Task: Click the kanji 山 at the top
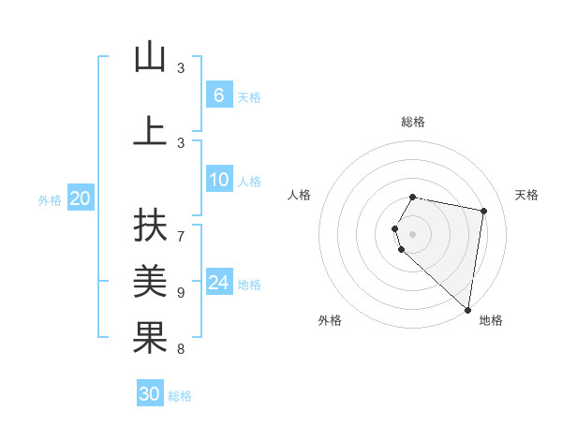(150, 58)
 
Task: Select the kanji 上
(150, 131)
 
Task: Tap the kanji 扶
(150, 227)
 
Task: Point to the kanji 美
(150, 281)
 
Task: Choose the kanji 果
(150, 338)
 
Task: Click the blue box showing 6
(218, 95)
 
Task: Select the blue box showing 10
(218, 180)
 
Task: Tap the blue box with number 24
(218, 283)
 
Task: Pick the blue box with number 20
(80, 198)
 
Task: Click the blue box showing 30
(150, 394)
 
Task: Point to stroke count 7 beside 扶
(181, 227)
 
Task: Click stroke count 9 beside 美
(181, 292)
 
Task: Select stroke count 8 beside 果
(181, 349)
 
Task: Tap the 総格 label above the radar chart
(413, 122)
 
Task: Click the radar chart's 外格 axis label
(330, 320)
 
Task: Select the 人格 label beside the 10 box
(249, 182)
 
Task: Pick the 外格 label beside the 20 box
(50, 200)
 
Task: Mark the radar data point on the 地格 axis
(467, 309)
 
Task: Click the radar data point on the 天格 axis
(483, 211)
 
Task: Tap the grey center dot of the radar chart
(413, 233)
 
